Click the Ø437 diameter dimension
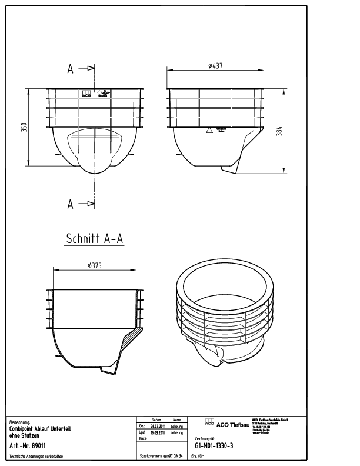pos(215,66)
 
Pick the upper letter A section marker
pos(71,69)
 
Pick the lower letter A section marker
pos(71,204)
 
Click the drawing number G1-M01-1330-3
pos(214,445)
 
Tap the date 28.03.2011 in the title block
pos(158,425)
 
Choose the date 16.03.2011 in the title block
pos(158,432)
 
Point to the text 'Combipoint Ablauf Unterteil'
pos(40,430)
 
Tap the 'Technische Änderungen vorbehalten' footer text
pos(36,456)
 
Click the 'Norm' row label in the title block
pos(142,439)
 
